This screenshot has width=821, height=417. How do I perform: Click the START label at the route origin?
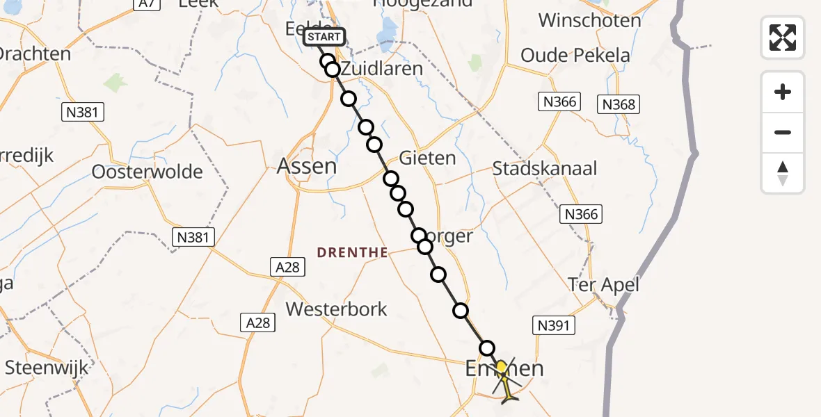tap(324, 37)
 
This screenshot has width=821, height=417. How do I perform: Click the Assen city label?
tap(307, 166)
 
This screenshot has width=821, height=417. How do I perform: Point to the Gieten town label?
tap(428, 158)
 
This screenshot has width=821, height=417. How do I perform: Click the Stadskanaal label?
tap(545, 168)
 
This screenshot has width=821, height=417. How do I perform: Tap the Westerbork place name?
tap(336, 309)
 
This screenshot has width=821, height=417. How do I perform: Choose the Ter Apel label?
tap(603, 284)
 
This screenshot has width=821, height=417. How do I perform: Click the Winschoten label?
tap(589, 20)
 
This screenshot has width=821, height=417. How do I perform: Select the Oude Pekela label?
tap(575, 55)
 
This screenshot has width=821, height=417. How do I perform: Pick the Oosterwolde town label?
tap(148, 172)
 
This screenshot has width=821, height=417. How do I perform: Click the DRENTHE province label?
tap(352, 253)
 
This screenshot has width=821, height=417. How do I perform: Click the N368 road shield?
tap(618, 104)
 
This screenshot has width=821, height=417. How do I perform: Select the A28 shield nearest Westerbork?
tap(258, 322)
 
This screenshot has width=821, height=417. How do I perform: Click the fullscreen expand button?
tap(783, 38)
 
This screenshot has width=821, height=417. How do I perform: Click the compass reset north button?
tap(783, 173)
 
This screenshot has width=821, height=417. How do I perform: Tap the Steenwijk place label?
tap(47, 368)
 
